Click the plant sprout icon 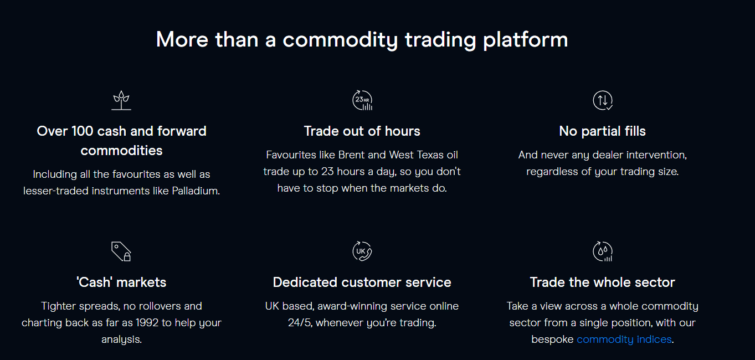[x=121, y=100]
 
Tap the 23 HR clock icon [x=362, y=100]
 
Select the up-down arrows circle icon [x=603, y=100]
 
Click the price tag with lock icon [x=121, y=251]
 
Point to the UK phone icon [x=362, y=251]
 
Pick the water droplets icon [x=603, y=251]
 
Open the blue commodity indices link [x=624, y=339]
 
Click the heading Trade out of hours [x=362, y=131]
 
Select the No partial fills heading [x=602, y=131]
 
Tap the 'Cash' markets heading [x=121, y=282]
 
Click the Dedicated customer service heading [x=362, y=282]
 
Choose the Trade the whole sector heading [x=602, y=282]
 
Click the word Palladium [x=196, y=191]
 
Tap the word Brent [x=352, y=155]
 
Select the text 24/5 [x=300, y=322]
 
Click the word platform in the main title [x=526, y=40]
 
